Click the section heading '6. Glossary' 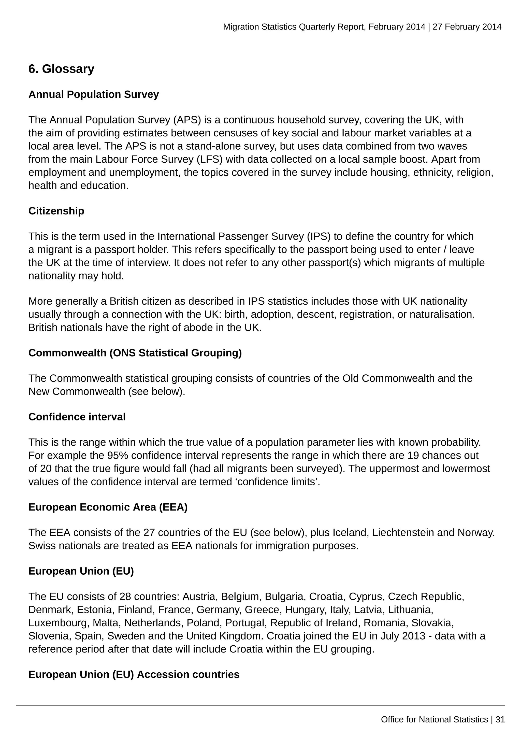point(61,69)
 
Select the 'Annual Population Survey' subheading point(93,94)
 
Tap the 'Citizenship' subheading point(56,211)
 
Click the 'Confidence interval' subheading point(77,417)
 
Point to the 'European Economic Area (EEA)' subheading point(108,507)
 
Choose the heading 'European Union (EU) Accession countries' point(134,674)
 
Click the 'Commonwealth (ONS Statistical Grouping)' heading point(135,353)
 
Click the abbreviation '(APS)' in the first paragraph point(187,120)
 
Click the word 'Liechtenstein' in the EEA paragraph point(403,533)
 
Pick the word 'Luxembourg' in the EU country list point(59,623)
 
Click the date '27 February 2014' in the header point(467,27)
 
